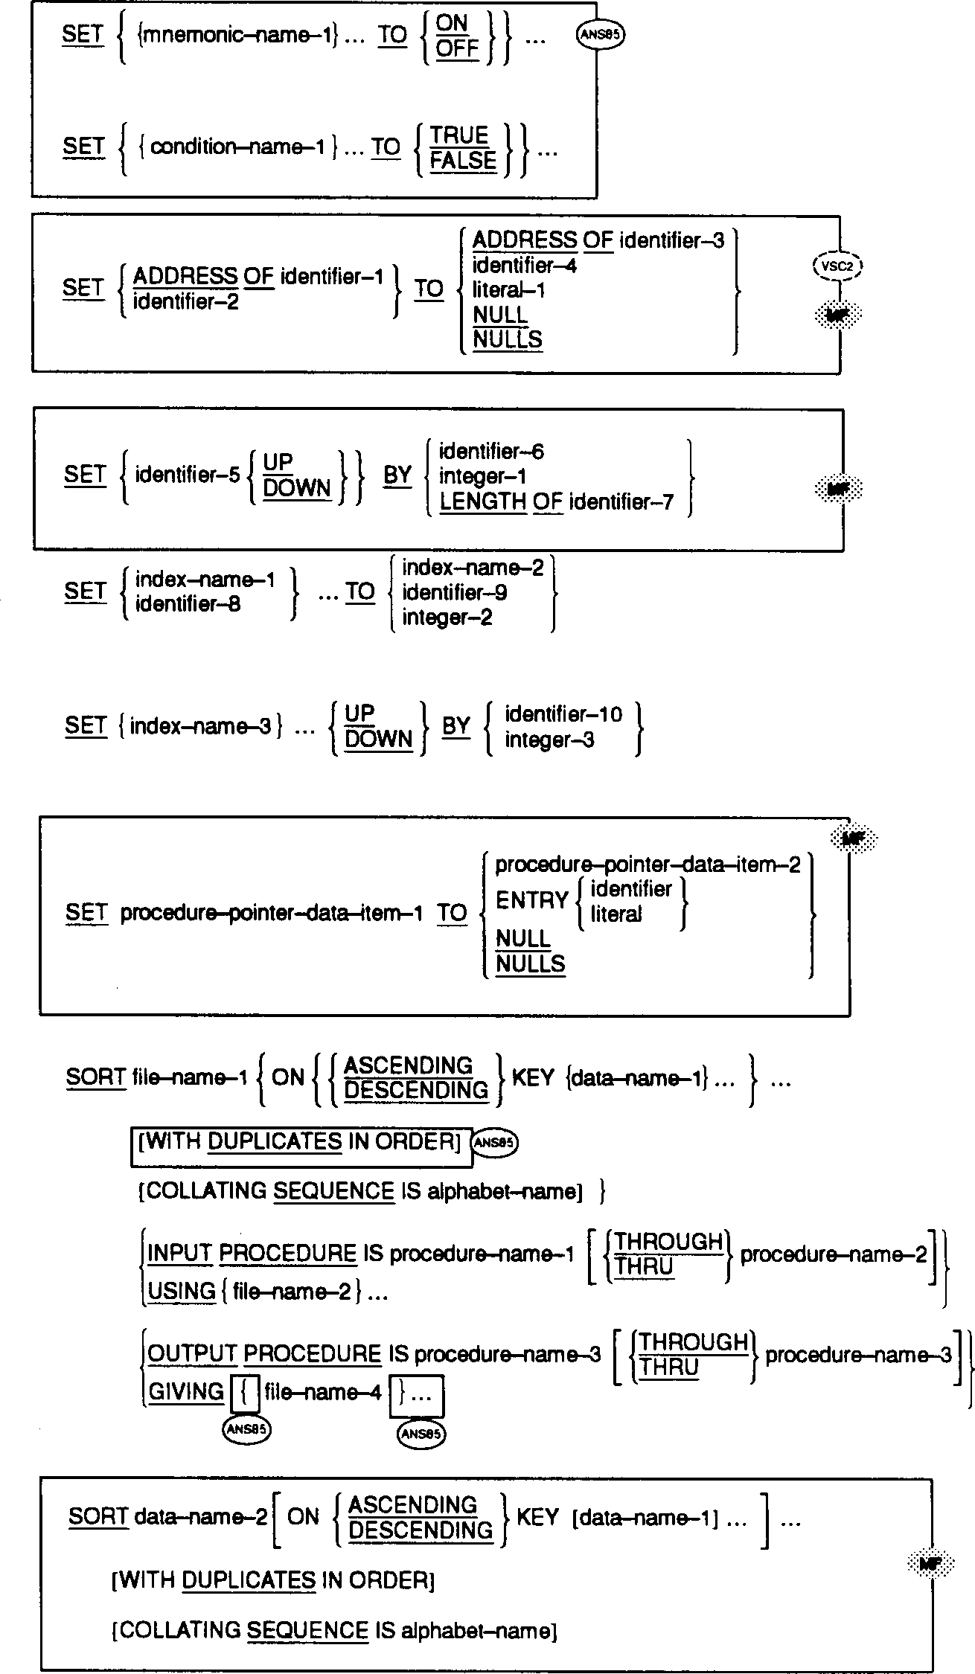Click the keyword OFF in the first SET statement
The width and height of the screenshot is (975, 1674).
(x=456, y=49)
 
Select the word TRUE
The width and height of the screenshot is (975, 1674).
(x=458, y=135)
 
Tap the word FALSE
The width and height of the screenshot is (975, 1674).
(x=463, y=161)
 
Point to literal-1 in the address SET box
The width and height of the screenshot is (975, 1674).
(x=509, y=290)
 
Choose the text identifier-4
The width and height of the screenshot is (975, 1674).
(x=524, y=265)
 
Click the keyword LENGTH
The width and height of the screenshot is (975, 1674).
(x=482, y=502)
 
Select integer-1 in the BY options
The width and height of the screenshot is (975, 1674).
(x=482, y=476)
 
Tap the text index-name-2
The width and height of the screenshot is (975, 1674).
(x=473, y=568)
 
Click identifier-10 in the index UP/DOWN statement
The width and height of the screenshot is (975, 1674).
(x=563, y=714)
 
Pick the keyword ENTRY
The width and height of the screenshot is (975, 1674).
(x=531, y=900)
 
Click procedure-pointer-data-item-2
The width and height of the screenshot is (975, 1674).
(x=648, y=865)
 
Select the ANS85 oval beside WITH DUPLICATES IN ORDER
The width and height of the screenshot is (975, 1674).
(x=495, y=1142)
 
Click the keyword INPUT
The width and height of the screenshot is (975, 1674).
(x=180, y=1254)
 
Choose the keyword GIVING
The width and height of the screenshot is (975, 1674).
(x=186, y=1392)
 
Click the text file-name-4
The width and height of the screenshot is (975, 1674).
(x=322, y=1392)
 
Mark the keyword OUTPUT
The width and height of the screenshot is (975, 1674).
(x=192, y=1354)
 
